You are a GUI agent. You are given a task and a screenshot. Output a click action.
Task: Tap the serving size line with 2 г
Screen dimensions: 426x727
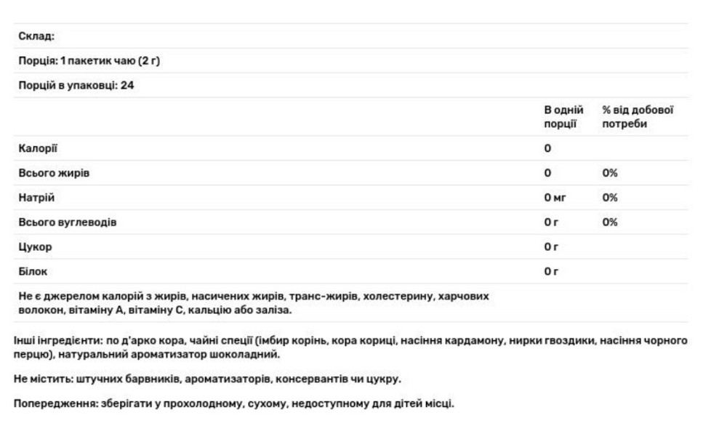[89, 61]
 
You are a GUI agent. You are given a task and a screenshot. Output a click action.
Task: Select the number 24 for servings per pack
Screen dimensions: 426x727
[126, 86]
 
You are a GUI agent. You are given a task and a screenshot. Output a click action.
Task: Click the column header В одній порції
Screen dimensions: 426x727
[563, 117]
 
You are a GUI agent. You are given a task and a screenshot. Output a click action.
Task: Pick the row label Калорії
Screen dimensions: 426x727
[38, 148]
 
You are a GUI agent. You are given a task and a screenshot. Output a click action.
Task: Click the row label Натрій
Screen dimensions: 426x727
[36, 198]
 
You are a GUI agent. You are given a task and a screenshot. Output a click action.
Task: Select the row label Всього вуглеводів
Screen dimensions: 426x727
[67, 222]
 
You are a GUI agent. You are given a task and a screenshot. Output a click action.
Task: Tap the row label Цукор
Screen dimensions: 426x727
[35, 247]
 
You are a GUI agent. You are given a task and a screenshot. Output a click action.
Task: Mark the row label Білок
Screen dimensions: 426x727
[33, 272]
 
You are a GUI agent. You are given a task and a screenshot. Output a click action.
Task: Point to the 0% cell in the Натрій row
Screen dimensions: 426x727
[610, 198]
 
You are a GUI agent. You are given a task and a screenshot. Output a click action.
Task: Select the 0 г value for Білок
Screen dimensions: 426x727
[551, 272]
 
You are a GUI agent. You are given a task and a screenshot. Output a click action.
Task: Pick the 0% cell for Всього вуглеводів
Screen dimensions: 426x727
[610, 222]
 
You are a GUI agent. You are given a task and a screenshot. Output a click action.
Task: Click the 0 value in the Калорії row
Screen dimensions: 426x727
[547, 148]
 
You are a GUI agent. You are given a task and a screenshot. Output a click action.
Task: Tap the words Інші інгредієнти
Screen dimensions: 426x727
[51, 340]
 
